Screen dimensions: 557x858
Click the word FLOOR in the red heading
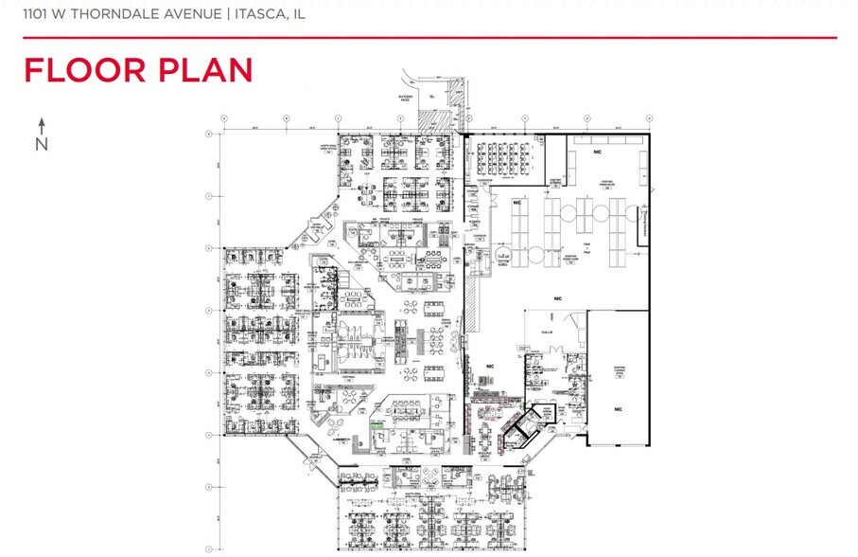(79, 71)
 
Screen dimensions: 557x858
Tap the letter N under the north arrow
(42, 144)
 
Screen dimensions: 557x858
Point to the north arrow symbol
(42, 124)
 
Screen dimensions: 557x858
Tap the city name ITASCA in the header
(261, 14)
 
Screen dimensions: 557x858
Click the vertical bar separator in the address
(226, 14)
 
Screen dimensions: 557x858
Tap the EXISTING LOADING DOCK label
(620, 372)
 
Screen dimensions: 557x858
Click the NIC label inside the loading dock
(618, 408)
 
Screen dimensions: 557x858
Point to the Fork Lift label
(546, 332)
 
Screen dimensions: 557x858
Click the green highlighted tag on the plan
(376, 428)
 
